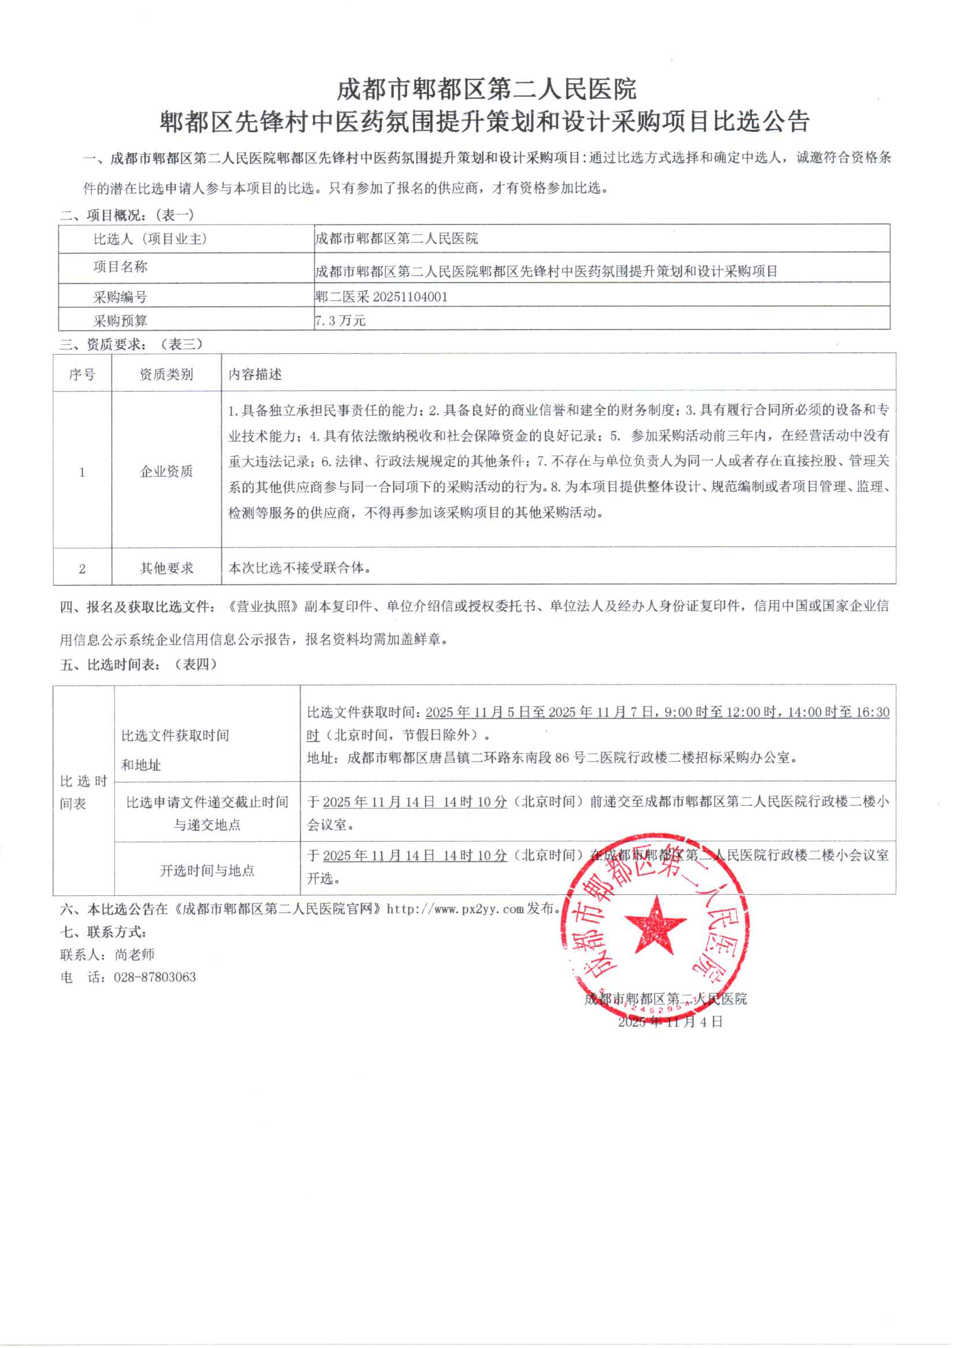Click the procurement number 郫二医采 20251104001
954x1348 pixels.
pos(381,297)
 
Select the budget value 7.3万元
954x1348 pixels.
pos(341,321)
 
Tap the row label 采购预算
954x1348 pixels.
pos(120,321)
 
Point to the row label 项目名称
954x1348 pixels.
pos(120,267)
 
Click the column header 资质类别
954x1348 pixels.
pos(166,375)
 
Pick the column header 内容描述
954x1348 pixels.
pos(255,375)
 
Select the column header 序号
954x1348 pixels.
pos(82,375)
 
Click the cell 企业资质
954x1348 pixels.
pos(166,472)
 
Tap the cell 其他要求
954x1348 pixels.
pos(166,568)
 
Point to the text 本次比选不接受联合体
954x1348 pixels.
pos(299,568)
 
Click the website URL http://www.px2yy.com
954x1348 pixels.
pos(455,909)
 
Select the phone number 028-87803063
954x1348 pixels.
pos(155,977)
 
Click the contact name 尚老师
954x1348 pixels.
pos(134,955)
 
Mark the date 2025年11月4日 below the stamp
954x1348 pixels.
pos(670,1022)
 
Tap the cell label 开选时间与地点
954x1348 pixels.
pos(207,871)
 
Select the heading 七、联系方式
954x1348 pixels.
pos(103,932)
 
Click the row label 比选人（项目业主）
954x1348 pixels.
pos(151,239)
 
